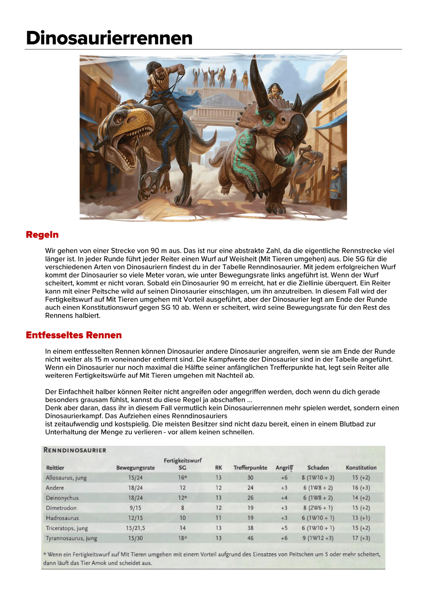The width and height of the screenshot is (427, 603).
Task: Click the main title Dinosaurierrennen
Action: pos(109,38)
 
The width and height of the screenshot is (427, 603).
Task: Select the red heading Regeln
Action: pos(42,235)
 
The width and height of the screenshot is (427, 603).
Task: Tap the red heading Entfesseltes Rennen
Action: pos(73,335)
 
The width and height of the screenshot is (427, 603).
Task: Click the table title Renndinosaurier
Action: pos(75,450)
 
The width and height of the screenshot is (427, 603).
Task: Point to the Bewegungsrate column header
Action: pos(135,468)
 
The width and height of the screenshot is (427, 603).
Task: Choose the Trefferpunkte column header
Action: pos(250,468)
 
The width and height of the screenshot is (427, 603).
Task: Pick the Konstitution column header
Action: pos(361,468)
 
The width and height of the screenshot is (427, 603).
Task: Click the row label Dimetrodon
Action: pos(61,508)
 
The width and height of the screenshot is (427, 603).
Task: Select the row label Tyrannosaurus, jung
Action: pos(71,538)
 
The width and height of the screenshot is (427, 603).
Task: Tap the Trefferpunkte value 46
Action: pos(250,538)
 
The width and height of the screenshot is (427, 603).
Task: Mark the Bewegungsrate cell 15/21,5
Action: pos(135,528)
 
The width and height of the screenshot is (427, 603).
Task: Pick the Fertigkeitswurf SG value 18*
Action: pos(182,538)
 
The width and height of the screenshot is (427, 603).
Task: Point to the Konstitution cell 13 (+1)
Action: pos(361,518)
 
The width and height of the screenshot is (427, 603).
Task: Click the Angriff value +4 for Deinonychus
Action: pos(284,498)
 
